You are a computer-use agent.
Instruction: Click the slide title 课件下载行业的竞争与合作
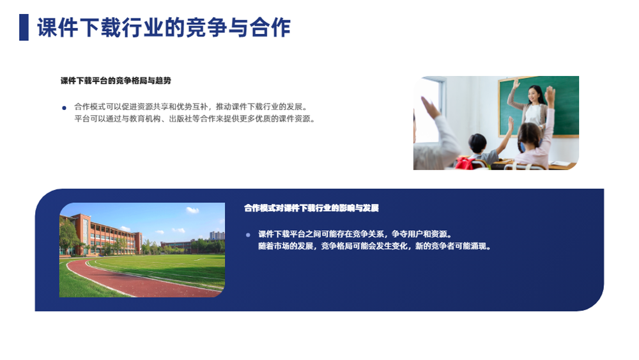pos(164,27)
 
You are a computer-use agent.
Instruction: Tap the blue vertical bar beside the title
pos(24,27)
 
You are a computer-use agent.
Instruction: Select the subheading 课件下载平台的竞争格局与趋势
pos(116,81)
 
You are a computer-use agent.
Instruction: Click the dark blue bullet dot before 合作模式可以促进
pos(64,108)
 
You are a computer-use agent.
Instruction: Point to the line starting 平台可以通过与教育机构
pos(194,119)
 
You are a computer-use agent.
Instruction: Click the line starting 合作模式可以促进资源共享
pos(190,107)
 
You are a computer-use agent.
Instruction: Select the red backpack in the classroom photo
pos(465,163)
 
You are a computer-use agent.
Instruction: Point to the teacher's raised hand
pos(516,84)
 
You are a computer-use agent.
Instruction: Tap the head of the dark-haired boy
pos(477,143)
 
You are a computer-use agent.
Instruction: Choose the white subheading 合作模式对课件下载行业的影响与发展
pos(311,208)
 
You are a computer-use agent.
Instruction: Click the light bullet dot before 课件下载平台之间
pos(248,235)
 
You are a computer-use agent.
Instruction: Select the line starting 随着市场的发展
pos(374,246)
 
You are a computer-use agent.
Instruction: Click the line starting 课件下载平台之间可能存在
pos(355,234)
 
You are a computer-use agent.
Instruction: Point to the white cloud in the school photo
pos(192,210)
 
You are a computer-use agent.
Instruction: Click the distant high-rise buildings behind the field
pos(217,235)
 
